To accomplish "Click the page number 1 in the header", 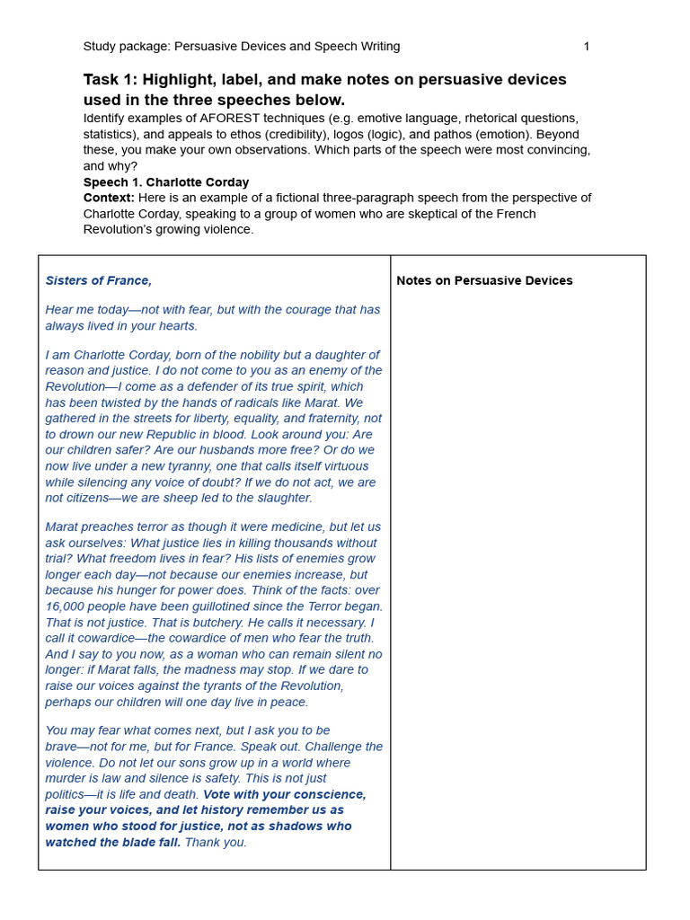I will click(x=587, y=47).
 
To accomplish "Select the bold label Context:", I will click(x=109, y=198).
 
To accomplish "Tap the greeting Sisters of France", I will click(x=99, y=281).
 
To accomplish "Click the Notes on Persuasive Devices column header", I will click(x=484, y=281).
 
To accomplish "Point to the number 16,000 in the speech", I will click(x=66, y=606).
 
